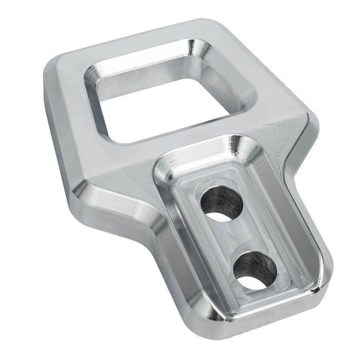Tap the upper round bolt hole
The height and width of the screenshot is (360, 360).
223,205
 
